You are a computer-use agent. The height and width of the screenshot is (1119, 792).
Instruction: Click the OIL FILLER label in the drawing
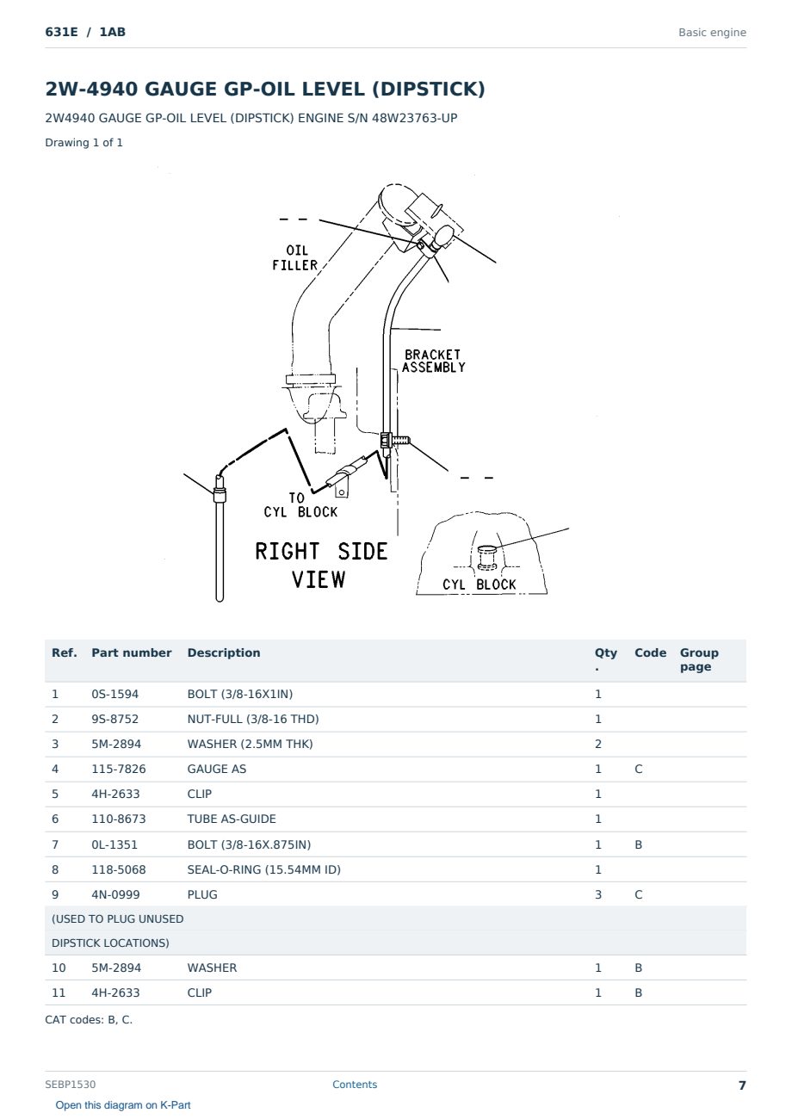(294, 257)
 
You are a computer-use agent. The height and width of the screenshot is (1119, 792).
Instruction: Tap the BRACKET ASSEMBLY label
(433, 362)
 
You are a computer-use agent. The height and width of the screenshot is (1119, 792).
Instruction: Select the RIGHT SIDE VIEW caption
(321, 566)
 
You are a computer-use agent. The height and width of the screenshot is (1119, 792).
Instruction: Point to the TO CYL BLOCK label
(300, 505)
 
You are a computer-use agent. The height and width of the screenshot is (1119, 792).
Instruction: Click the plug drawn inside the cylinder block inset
(486, 558)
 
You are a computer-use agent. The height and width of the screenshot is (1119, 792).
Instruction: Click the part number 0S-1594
(115, 694)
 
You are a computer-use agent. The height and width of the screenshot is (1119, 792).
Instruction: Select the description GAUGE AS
(216, 769)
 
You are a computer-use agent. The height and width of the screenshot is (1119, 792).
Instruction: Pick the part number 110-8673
(119, 819)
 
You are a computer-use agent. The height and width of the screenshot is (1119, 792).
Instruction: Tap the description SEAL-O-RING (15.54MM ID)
(263, 869)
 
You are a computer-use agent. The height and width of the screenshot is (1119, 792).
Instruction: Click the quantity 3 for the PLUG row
(598, 894)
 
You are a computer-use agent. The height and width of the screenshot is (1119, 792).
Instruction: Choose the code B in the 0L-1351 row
(638, 844)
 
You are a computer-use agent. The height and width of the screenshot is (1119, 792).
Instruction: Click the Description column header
(223, 652)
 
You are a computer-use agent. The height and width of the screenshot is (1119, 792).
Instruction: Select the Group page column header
(699, 659)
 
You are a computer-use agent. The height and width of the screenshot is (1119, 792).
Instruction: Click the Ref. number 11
(59, 992)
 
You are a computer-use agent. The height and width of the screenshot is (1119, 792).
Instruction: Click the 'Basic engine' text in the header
(712, 33)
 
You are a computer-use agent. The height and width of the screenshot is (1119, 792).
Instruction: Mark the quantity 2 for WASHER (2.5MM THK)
(598, 744)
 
